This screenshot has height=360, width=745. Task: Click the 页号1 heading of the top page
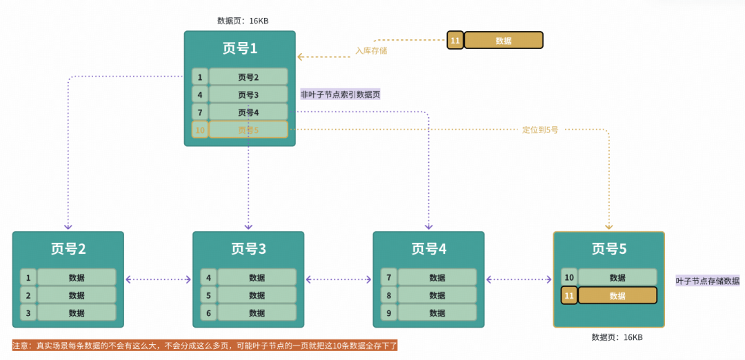[x=239, y=48]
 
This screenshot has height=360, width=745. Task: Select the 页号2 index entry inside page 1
[x=248, y=77]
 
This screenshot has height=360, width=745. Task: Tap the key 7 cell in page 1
[x=199, y=112]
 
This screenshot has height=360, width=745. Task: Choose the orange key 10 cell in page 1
[x=199, y=130]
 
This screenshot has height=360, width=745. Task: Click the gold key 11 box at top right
[x=455, y=41]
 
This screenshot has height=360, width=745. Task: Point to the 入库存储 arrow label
[x=371, y=50]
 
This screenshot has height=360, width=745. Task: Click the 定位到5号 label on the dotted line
[x=540, y=130]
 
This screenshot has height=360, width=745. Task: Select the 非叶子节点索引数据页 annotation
[x=340, y=94]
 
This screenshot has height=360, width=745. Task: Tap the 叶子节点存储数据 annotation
[x=707, y=281]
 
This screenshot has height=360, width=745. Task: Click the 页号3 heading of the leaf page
[x=248, y=249]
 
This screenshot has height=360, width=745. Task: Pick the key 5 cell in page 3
[x=209, y=295]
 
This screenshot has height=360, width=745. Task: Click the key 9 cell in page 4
[x=389, y=313]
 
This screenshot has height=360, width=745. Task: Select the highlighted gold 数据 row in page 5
[x=617, y=296]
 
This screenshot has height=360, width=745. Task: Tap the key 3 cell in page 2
[x=28, y=313]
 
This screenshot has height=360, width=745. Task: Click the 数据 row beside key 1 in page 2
[x=77, y=278]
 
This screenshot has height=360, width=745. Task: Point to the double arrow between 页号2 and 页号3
[x=159, y=279]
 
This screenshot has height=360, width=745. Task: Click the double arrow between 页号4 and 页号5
[x=519, y=279]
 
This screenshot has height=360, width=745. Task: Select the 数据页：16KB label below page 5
[x=617, y=337]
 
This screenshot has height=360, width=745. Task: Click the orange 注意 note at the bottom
[x=205, y=346]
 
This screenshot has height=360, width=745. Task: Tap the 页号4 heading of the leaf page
[x=428, y=249]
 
